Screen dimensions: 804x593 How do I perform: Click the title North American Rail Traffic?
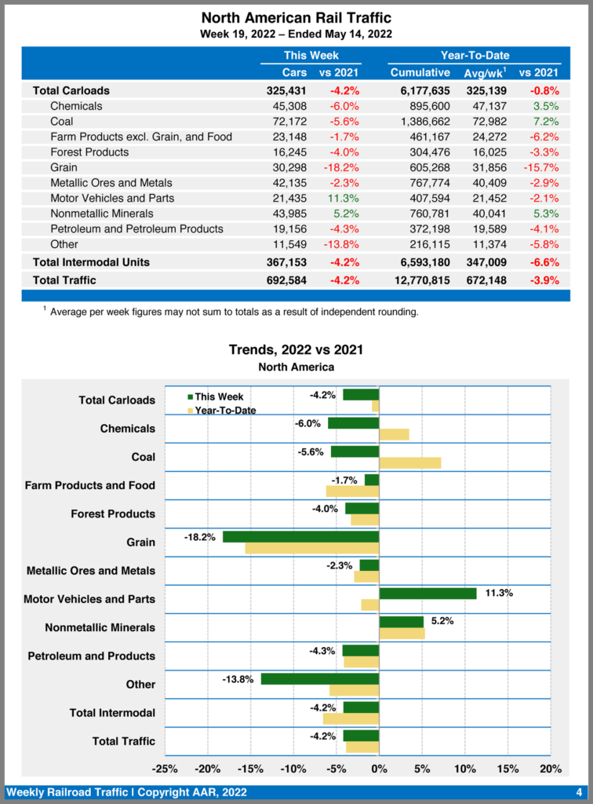click(x=296, y=17)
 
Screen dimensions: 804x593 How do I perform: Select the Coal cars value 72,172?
click(x=286, y=122)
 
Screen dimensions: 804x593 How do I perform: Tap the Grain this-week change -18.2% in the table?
click(x=340, y=167)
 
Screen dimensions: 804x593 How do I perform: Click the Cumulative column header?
click(x=420, y=72)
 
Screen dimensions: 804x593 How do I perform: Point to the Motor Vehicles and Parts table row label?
click(x=112, y=198)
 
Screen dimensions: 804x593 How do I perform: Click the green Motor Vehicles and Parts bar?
click(x=427, y=594)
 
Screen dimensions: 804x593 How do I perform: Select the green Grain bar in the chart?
click(x=300, y=537)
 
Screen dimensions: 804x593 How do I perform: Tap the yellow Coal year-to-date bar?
click(x=409, y=462)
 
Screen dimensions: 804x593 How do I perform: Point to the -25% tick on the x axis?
click(x=165, y=768)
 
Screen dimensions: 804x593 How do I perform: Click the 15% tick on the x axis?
click(x=508, y=768)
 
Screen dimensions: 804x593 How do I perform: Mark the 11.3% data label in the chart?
click(x=499, y=594)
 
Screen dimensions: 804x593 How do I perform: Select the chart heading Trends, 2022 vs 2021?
click(x=296, y=349)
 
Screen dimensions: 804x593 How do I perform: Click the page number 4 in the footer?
click(x=578, y=791)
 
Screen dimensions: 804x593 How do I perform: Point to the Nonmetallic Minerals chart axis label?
click(x=100, y=628)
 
